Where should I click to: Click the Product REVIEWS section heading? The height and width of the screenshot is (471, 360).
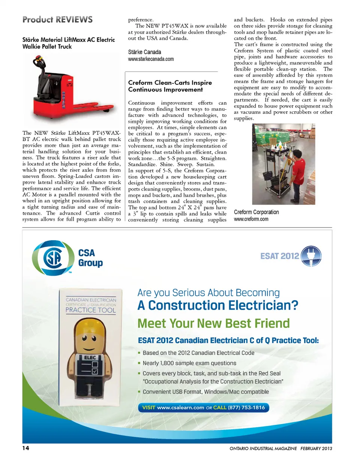coord(57,20)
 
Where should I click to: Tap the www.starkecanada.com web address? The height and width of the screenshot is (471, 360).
coord(151,59)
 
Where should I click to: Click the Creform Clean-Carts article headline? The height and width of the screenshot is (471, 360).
coord(170,86)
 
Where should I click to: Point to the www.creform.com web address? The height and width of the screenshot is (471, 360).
coord(251,219)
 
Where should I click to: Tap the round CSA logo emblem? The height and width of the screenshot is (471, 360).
coord(53,258)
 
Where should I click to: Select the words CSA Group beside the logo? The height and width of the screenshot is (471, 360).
coord(90,258)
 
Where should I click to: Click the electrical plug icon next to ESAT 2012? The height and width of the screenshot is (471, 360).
coord(311,256)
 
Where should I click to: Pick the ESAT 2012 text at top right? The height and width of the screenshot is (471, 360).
coord(279,256)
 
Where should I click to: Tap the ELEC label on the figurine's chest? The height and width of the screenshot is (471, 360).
coord(90,358)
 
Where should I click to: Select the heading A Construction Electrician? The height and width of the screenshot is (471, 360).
coord(217,305)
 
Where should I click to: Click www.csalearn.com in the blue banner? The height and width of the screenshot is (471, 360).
coord(180,408)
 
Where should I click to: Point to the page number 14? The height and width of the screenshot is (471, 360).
coord(25,448)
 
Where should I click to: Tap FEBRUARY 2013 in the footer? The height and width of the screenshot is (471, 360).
coord(316,448)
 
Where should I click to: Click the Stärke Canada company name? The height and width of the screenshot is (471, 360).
coord(144,52)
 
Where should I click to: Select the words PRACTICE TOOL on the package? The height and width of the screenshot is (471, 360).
coord(91,310)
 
